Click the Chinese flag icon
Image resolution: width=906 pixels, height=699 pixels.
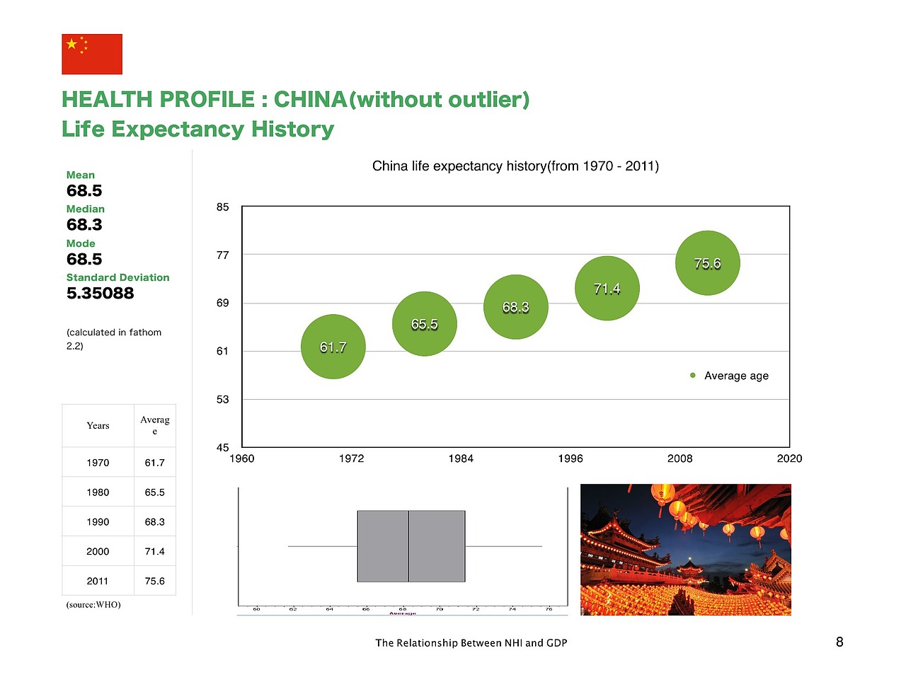click(92, 54)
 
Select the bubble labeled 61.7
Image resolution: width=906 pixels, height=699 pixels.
click(333, 347)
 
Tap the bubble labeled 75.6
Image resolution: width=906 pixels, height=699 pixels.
click(708, 263)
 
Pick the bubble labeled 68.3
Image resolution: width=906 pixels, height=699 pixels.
click(516, 307)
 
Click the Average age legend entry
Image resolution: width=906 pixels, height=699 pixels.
click(730, 376)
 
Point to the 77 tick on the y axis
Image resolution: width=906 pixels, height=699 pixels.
click(223, 255)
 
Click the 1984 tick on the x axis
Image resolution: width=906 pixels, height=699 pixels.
click(461, 458)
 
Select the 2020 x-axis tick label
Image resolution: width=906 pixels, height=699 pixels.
click(789, 458)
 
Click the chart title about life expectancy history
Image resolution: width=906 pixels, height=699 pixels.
click(515, 166)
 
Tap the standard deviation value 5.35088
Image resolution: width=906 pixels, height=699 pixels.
click(100, 294)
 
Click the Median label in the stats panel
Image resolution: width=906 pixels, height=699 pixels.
click(85, 209)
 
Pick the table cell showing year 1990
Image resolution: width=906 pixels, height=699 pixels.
click(98, 522)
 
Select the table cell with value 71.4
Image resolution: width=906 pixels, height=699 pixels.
click(154, 552)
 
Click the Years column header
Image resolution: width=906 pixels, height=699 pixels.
click(98, 426)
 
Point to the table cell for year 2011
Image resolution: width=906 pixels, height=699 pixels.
click(98, 582)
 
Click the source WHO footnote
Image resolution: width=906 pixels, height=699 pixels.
click(93, 605)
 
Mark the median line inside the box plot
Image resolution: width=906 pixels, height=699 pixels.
click(408, 546)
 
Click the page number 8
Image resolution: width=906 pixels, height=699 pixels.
click(839, 642)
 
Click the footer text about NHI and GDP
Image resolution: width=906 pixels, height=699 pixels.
click(471, 643)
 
